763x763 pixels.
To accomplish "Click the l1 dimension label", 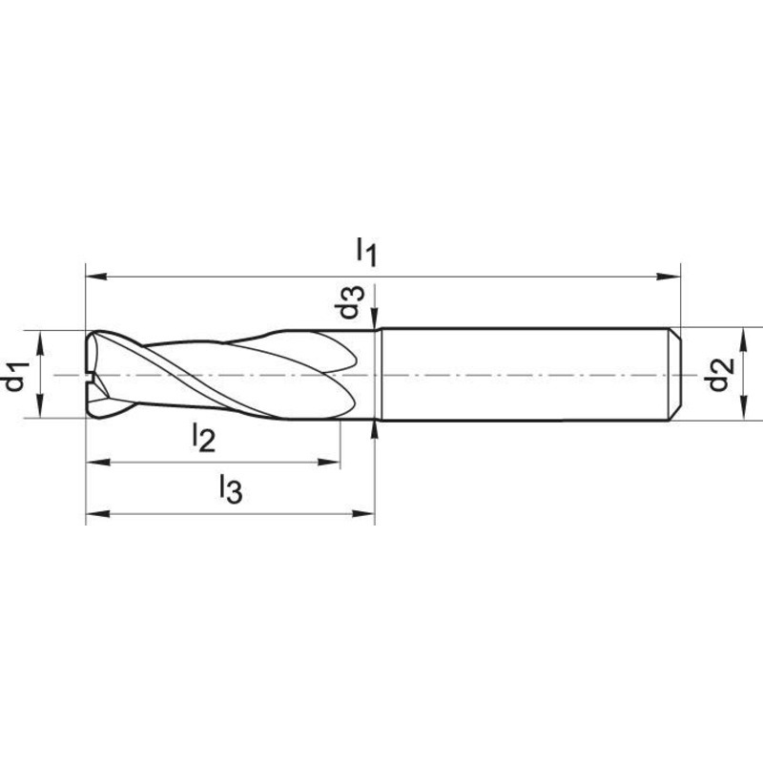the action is (x=366, y=252).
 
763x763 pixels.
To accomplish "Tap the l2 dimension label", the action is (x=203, y=437).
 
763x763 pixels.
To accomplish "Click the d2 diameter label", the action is (x=720, y=374).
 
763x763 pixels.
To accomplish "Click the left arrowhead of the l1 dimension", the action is (x=96, y=277).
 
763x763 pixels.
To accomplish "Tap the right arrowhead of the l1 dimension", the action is (x=670, y=277).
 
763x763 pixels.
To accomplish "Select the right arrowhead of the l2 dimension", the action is (x=328, y=462).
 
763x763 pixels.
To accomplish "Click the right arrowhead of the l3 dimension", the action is (x=363, y=513).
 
